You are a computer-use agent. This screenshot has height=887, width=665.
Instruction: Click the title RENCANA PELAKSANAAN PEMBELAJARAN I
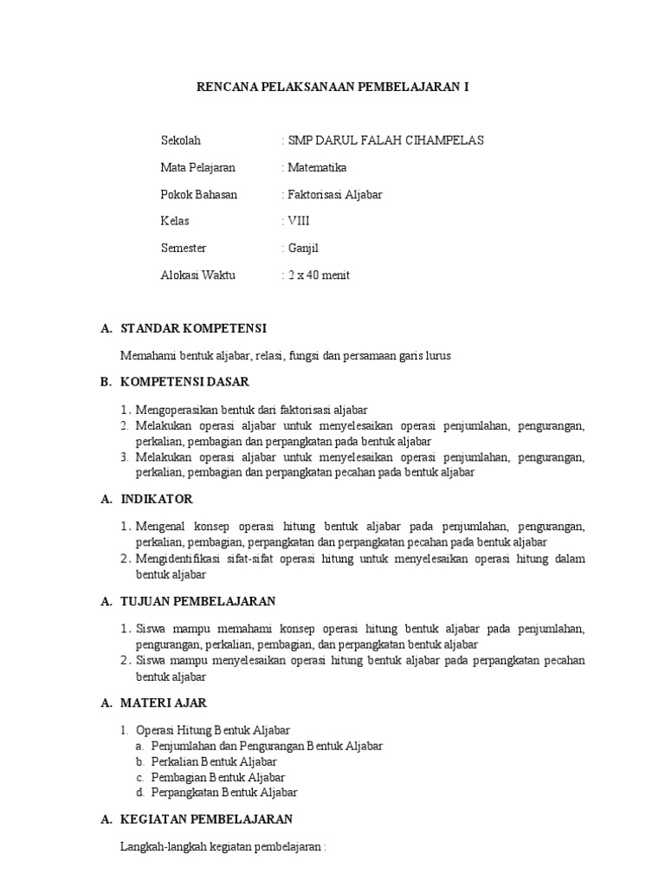click(332, 87)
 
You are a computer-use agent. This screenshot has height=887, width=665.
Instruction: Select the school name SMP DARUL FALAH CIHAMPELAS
click(385, 140)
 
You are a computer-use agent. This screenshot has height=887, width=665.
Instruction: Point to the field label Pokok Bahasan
click(198, 194)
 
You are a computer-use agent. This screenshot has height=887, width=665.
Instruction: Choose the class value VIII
click(298, 221)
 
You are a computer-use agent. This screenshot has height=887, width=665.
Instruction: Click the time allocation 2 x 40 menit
click(319, 275)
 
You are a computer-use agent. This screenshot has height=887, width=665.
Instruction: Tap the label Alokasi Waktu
click(197, 275)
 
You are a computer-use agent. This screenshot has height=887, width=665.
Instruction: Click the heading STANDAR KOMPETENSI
click(193, 328)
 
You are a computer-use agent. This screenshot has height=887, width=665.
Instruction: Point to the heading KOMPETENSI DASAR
click(184, 381)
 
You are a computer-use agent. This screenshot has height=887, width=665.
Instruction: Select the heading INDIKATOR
click(157, 499)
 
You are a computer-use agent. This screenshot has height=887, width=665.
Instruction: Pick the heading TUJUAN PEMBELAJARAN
click(197, 600)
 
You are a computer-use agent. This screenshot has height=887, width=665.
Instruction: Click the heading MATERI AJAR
click(164, 702)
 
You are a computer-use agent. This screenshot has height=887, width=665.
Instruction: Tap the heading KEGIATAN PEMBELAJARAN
click(206, 819)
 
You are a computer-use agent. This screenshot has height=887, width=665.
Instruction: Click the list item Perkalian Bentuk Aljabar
click(214, 761)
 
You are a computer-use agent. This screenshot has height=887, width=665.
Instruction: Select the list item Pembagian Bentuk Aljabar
click(217, 777)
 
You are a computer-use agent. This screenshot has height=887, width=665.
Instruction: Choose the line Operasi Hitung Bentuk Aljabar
click(213, 729)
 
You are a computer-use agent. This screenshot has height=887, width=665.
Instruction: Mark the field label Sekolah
click(180, 140)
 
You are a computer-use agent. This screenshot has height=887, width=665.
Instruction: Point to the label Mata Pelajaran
click(197, 167)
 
